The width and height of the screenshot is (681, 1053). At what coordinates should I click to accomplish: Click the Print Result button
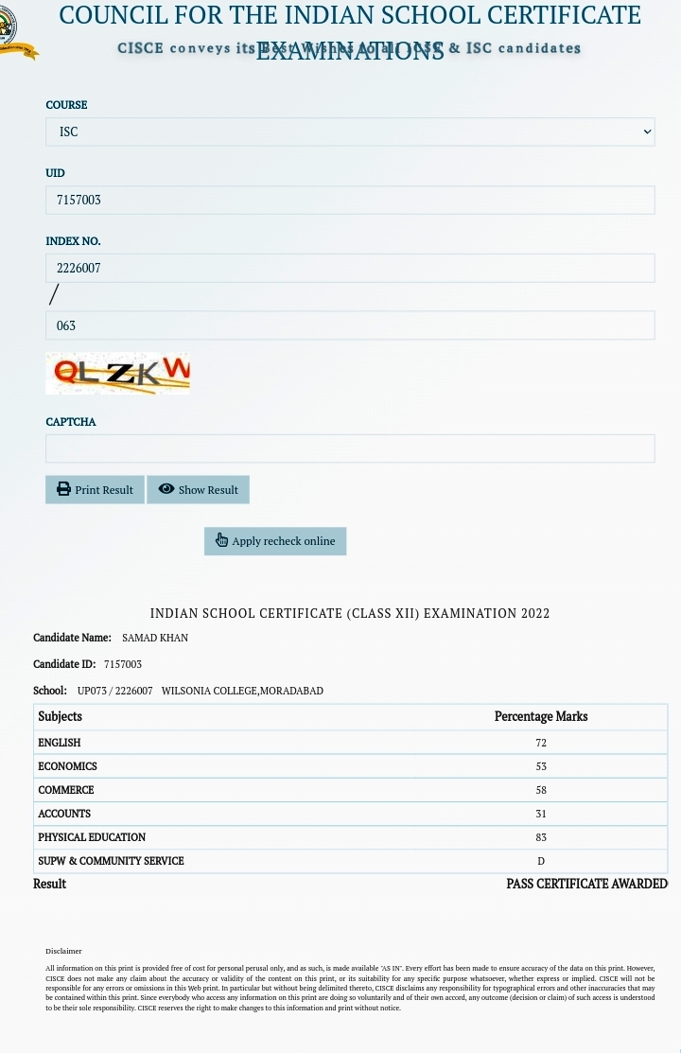[95, 489]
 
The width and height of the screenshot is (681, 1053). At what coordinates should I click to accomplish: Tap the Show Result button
[198, 489]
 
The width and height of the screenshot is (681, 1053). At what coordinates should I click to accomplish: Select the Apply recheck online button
[275, 541]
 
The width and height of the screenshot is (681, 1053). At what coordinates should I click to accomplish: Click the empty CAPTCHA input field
[350, 448]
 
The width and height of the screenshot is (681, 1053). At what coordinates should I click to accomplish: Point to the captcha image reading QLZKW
[117, 373]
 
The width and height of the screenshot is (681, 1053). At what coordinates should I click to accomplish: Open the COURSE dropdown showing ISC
[350, 132]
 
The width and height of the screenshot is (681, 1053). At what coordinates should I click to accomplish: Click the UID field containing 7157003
[350, 200]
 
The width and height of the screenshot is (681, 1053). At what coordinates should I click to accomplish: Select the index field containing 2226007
[350, 268]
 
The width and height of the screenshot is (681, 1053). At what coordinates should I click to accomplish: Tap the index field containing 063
[350, 325]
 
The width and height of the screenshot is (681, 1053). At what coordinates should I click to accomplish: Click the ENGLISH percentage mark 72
[541, 743]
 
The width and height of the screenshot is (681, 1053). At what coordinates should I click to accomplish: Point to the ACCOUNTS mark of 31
[541, 814]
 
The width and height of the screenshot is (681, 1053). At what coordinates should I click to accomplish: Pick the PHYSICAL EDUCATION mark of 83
[541, 837]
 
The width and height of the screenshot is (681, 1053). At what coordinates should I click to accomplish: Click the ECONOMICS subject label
[67, 766]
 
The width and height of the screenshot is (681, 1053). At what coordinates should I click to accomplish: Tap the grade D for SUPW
[541, 861]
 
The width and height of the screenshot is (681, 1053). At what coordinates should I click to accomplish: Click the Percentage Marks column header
[541, 716]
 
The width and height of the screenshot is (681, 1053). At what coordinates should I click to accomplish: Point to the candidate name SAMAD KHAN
[155, 638]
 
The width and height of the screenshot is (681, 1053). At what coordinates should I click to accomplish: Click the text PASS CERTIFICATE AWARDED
[586, 884]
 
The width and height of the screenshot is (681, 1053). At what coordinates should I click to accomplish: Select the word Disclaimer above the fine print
[63, 951]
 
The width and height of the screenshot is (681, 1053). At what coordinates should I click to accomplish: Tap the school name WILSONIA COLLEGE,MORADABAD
[242, 691]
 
